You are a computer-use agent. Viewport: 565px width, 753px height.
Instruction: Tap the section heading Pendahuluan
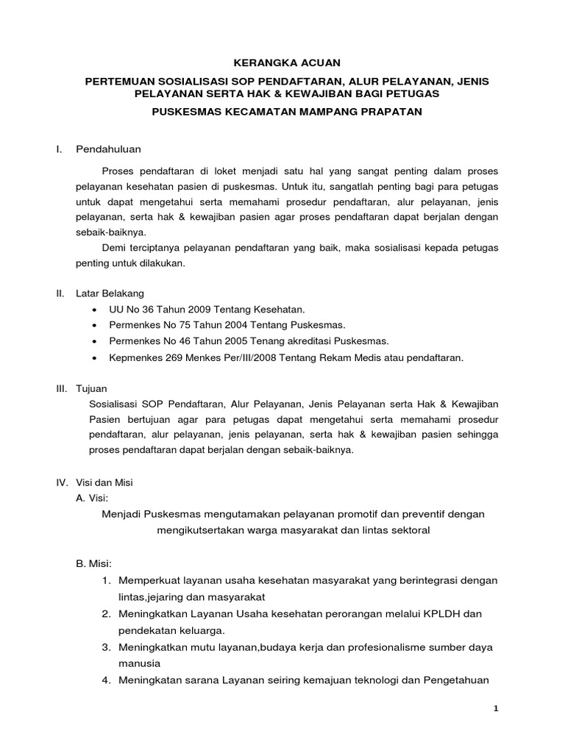pos(110,150)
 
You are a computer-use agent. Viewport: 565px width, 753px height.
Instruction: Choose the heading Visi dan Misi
pos(104,483)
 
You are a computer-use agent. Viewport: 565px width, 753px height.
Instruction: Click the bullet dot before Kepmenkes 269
pos(96,358)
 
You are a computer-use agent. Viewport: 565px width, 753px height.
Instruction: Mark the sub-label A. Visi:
pos(93,498)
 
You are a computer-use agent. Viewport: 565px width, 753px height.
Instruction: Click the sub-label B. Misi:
pos(93,564)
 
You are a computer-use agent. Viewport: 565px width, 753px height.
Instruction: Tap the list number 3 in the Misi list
pos(107,646)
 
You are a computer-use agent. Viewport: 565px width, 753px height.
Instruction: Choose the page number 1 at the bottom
pos(497,709)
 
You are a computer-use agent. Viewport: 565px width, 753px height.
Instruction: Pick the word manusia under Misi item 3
pos(138,663)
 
